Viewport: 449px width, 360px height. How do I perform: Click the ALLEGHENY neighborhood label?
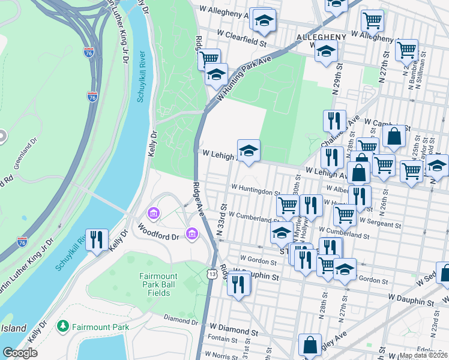(321, 37)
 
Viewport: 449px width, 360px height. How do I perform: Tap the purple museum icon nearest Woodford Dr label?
(193, 233)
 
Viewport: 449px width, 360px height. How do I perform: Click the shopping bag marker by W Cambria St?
(394, 137)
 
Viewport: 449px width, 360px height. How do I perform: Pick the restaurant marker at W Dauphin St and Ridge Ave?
(240, 283)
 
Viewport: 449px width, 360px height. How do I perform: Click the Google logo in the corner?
(20, 353)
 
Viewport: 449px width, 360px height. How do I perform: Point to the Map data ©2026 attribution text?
(423, 355)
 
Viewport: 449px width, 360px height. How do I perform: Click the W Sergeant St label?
(380, 224)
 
